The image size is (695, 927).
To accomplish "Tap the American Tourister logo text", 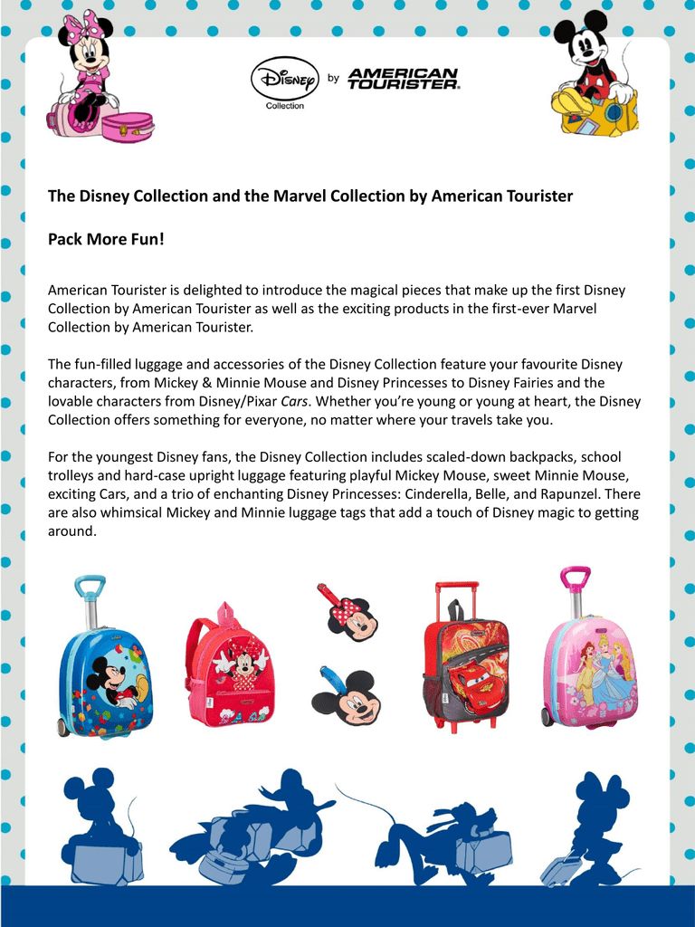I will click(403, 79).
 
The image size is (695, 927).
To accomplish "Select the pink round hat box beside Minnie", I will click(127, 127).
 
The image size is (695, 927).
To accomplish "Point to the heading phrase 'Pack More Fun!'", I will click(106, 242).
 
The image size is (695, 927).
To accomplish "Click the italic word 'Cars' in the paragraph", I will click(294, 401).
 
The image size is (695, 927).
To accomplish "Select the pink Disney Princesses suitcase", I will click(590, 670).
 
